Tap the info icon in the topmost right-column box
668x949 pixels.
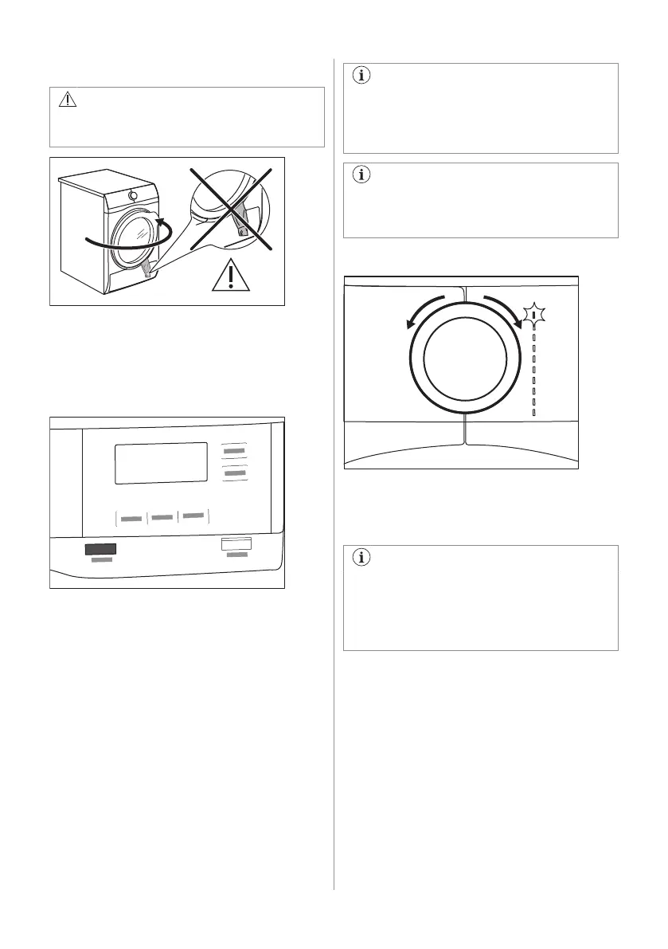(x=361, y=76)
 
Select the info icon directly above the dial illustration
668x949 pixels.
(x=361, y=175)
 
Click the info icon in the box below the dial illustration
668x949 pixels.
(x=361, y=558)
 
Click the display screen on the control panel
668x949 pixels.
(x=162, y=463)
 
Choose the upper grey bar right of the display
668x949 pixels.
(x=234, y=451)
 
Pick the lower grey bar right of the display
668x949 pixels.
(x=234, y=474)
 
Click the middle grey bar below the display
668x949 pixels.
(x=162, y=518)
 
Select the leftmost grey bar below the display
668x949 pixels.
(x=131, y=519)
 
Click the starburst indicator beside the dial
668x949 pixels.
(x=534, y=316)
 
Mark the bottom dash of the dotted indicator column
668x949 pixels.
(x=534, y=414)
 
